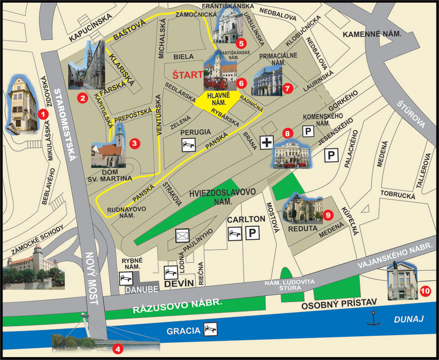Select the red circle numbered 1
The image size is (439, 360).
(x=44, y=114)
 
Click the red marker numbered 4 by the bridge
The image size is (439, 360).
(x=117, y=348)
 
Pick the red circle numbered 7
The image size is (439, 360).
(x=288, y=88)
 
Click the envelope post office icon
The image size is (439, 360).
(x=182, y=235)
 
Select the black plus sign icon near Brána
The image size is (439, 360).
(x=267, y=143)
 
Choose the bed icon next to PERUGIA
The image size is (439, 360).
(x=189, y=145)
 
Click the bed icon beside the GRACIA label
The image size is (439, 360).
(x=211, y=330)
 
